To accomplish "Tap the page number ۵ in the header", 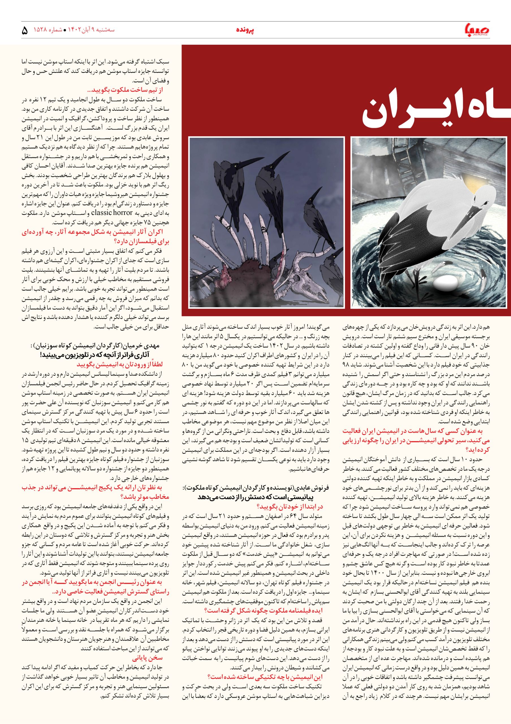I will coord(25,31).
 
